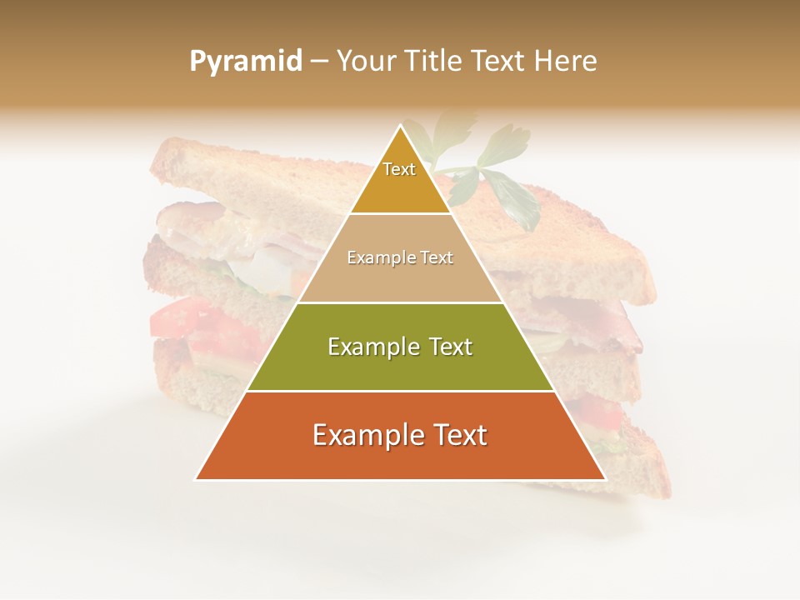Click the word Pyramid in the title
coord(245,61)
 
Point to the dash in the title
coord(318,62)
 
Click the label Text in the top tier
coord(399,169)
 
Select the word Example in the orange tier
coord(366,435)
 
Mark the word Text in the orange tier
coord(457,435)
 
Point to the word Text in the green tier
coord(448,347)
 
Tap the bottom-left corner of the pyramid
coord(197,478)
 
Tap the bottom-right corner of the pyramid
coord(604,478)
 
